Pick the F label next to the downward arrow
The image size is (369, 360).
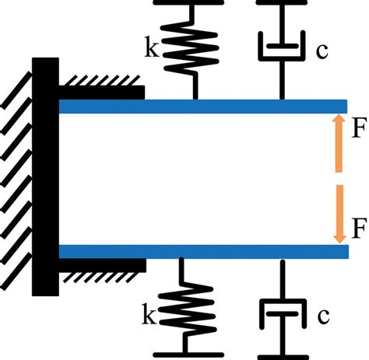pos(358,229)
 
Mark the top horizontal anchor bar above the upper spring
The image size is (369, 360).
pos(193,2)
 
